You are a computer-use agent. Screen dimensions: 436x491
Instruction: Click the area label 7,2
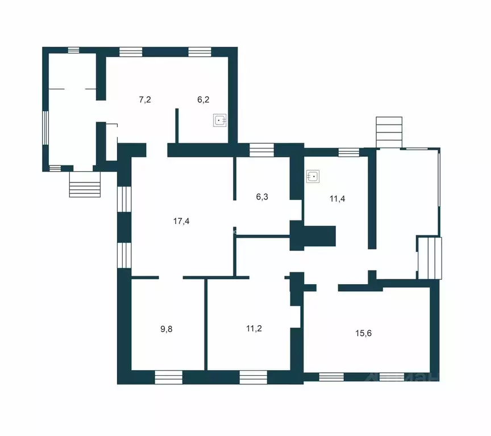pos(145,99)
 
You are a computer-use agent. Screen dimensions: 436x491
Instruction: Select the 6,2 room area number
pos(203,99)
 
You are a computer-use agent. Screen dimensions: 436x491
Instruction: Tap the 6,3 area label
pos(262,197)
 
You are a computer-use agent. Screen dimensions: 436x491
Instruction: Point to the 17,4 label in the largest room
pos(181,222)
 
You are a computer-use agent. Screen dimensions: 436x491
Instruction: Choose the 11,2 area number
pos(253,328)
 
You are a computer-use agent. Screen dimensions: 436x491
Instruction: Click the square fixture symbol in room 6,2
pos(220,121)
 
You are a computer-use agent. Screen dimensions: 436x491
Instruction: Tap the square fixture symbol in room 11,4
pos(313,177)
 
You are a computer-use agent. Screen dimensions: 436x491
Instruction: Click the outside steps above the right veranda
pos(389,132)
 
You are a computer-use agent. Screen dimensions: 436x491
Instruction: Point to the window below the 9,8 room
pos(169,376)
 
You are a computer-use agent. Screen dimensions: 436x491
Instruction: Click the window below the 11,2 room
pos(253,376)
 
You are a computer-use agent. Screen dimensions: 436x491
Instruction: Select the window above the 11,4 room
pos(348,152)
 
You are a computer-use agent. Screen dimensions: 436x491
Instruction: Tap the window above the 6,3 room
pos(261,150)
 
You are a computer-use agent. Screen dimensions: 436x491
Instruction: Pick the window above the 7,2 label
pos(131,51)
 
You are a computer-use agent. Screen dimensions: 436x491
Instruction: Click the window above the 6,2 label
pos(200,51)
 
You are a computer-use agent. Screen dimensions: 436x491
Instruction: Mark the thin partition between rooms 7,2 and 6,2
pos(177,125)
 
